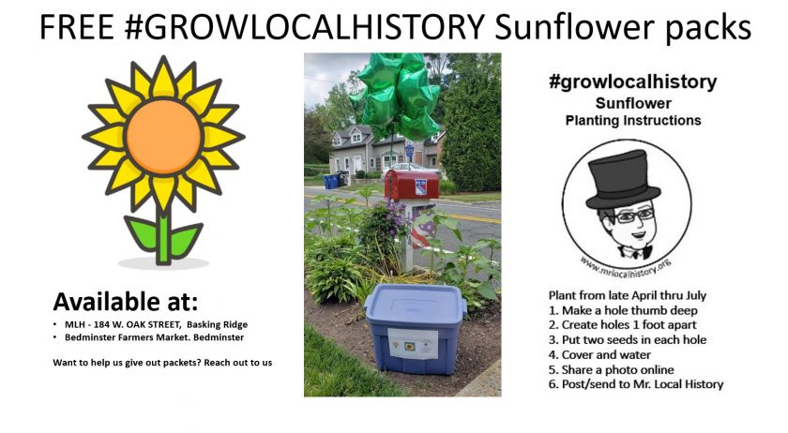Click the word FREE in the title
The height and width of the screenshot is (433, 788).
tap(76, 27)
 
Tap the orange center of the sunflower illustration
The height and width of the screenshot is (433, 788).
tap(163, 136)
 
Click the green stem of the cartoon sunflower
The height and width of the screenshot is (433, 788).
tap(163, 235)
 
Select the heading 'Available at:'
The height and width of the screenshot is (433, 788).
tap(126, 302)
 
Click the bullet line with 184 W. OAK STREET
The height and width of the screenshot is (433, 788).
tap(157, 324)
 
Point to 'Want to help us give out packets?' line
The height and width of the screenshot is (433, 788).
tap(162, 363)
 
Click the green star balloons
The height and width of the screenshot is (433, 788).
tap(396, 96)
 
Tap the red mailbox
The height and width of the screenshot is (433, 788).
tap(411, 185)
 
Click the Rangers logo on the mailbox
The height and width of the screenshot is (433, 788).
tap(420, 187)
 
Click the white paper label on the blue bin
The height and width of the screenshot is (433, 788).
tap(413, 344)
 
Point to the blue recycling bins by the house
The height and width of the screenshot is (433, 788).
tap(332, 180)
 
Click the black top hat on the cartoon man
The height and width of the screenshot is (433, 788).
tap(624, 180)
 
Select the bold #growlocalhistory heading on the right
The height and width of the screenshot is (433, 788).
tap(633, 82)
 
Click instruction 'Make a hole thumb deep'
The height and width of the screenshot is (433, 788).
tap(623, 310)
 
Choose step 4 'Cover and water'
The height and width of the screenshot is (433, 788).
tap(599, 354)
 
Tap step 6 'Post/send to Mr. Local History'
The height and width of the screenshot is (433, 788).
tap(636, 384)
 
